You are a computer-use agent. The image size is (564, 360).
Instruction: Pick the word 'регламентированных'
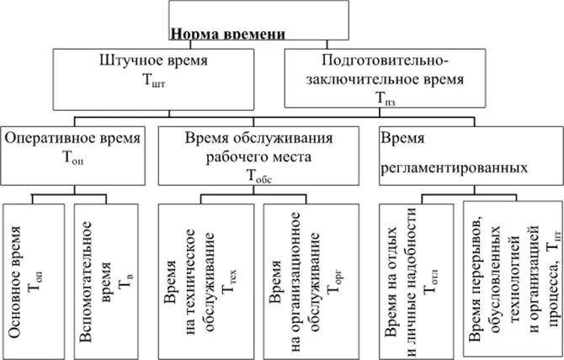[455, 167]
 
